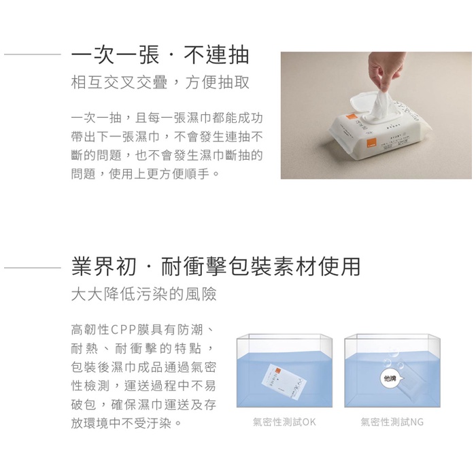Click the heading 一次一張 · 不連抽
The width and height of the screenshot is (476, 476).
160,55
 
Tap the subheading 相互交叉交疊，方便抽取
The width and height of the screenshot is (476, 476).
160,82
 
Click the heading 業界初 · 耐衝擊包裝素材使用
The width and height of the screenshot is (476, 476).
216,267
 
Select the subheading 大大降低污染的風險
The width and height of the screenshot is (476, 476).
144,294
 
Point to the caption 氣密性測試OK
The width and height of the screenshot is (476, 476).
284,422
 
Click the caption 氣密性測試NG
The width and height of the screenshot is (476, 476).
392,422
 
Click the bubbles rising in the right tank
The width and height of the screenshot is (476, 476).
391,358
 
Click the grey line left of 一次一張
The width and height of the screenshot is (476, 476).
33,54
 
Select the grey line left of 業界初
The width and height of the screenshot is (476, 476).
33,268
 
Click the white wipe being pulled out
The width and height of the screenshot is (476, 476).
382,100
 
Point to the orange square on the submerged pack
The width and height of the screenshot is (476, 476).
277,371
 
